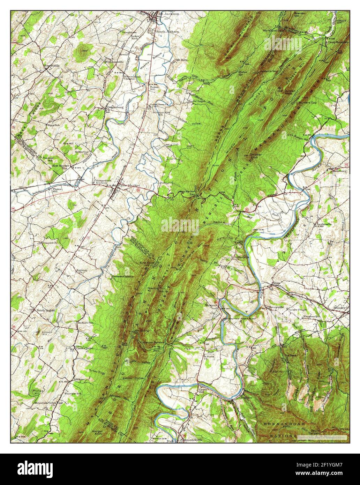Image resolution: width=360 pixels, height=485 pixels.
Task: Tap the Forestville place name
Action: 52,65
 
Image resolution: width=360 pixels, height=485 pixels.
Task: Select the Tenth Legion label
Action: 46,310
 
